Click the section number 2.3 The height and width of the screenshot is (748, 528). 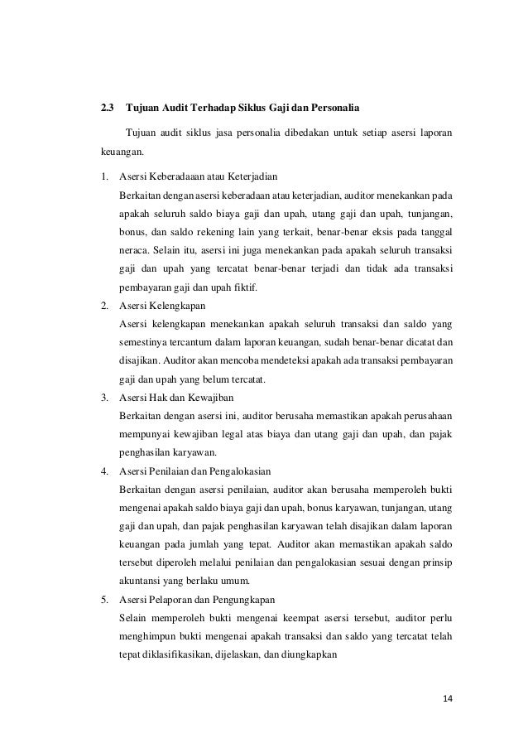[x=107, y=108]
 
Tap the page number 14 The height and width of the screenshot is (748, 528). [x=447, y=697]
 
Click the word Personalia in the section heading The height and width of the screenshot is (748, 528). [x=331, y=108]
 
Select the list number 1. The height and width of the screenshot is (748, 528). [x=103, y=176]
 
